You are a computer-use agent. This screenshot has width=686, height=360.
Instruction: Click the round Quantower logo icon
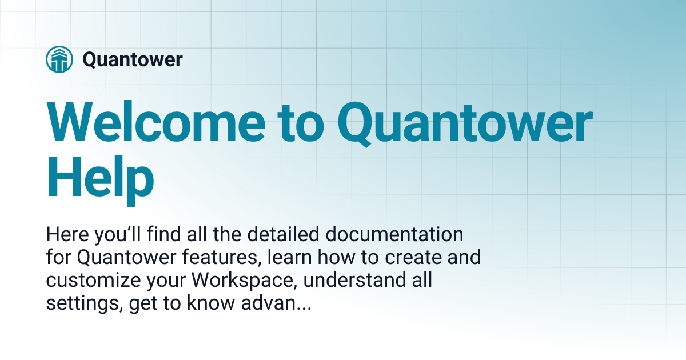[59, 59]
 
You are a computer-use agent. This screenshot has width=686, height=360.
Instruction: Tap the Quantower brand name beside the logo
[133, 59]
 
